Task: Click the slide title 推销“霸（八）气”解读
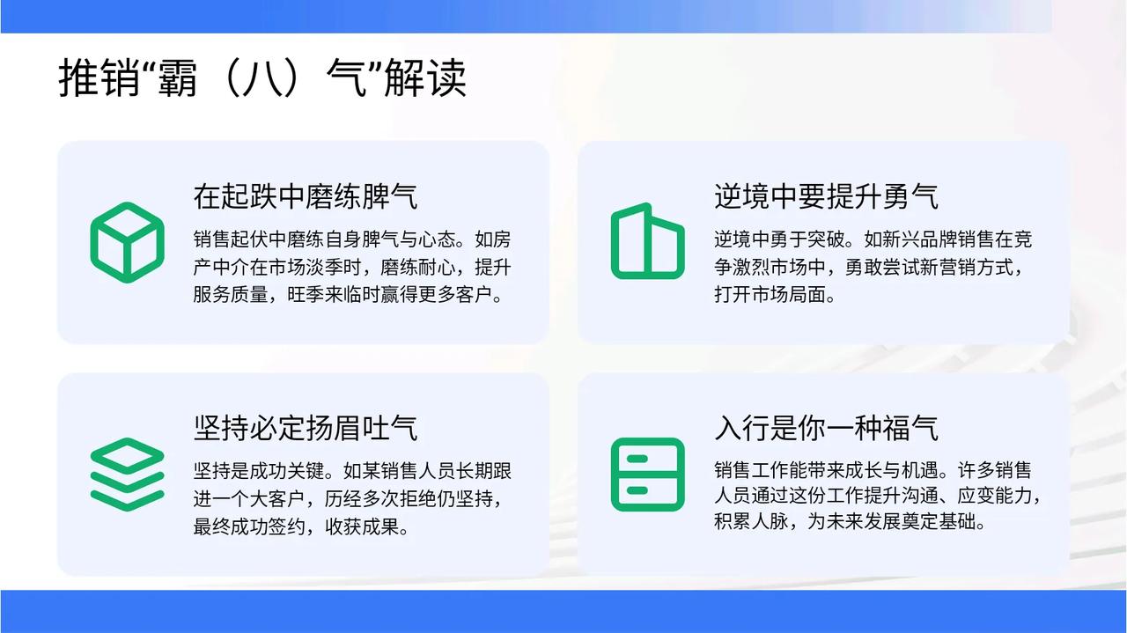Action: (262, 77)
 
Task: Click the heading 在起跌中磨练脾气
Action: (306, 196)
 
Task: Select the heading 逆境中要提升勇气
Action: (826, 196)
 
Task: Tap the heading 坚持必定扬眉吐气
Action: (306, 428)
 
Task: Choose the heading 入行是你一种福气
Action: (826, 428)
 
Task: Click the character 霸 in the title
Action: (177, 77)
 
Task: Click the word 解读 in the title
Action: (425, 77)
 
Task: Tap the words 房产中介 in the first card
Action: (221, 253)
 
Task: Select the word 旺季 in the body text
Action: (306, 295)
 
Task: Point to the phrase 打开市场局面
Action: (770, 295)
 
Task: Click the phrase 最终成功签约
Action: (249, 526)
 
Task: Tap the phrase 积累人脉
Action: (751, 521)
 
